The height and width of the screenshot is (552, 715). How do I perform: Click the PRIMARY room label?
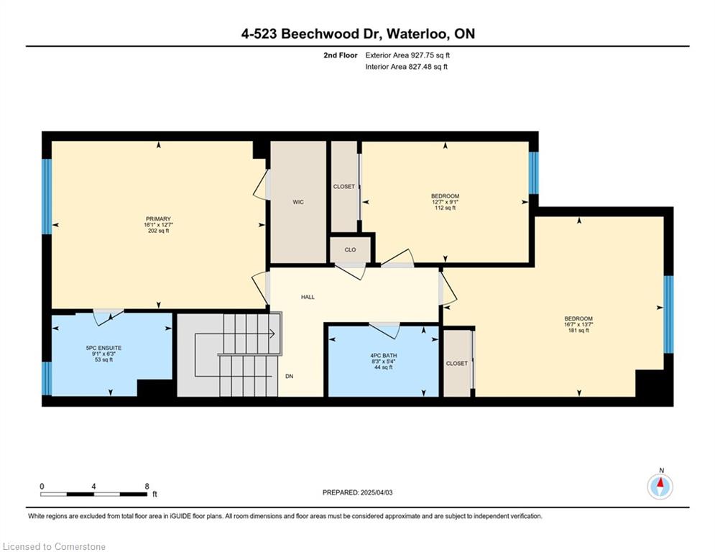coord(158,219)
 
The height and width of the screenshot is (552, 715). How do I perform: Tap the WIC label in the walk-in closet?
coord(298,202)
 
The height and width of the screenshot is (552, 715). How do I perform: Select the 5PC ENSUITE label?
coord(104,348)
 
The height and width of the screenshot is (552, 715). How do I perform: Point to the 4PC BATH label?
coord(384,355)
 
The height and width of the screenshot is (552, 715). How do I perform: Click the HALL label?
coord(308,297)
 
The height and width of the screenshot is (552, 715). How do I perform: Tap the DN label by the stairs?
coord(289,377)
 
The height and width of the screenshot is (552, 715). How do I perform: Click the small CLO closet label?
coord(350,250)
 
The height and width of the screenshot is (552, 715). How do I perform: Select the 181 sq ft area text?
coord(578,331)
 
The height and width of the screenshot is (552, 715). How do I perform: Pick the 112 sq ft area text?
coord(445,208)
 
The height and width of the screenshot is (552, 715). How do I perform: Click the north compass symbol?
coord(660,487)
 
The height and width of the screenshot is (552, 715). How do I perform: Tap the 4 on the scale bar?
coord(93,487)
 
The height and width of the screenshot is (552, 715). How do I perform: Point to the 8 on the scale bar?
coord(147,487)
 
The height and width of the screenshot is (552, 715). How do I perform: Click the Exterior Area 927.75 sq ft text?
coord(407,55)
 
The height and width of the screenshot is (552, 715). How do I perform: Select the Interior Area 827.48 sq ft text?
coord(406,67)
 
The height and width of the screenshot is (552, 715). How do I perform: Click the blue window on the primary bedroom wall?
coord(47,196)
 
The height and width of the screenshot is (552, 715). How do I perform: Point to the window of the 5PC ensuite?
coord(47,378)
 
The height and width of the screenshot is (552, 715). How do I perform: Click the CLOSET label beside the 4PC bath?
coord(457,364)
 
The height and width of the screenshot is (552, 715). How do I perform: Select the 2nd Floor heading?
coord(340,55)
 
